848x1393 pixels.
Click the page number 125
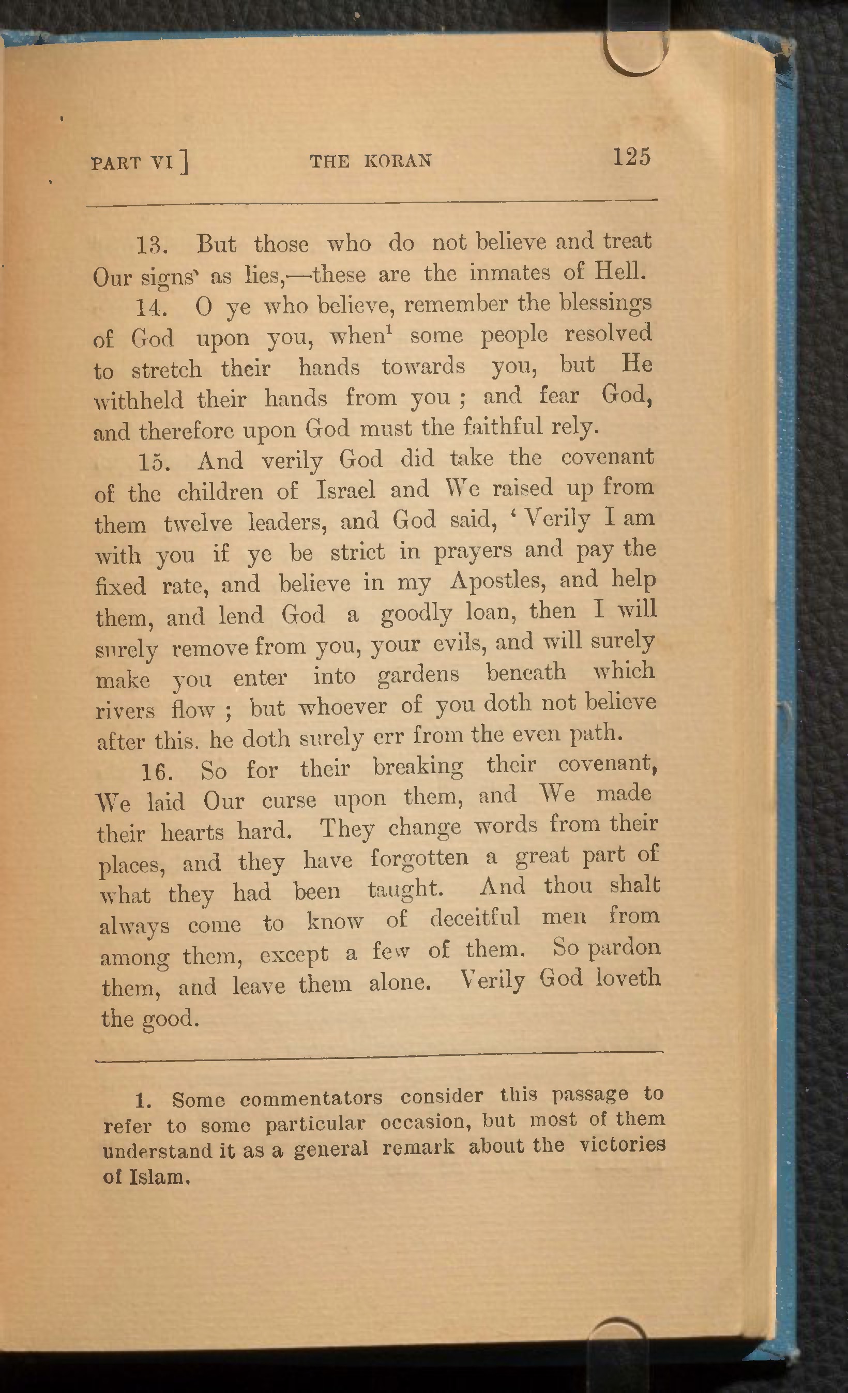click(x=631, y=157)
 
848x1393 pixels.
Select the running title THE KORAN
click(x=371, y=161)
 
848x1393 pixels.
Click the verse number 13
click(x=151, y=246)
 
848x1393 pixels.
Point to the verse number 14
click(x=151, y=308)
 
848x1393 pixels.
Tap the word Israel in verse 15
click(x=345, y=490)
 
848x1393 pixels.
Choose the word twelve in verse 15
click(x=198, y=523)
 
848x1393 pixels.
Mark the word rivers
click(x=125, y=710)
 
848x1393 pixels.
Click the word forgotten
click(x=419, y=858)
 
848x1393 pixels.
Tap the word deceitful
click(x=474, y=917)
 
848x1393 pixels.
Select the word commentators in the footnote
click(x=311, y=1098)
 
